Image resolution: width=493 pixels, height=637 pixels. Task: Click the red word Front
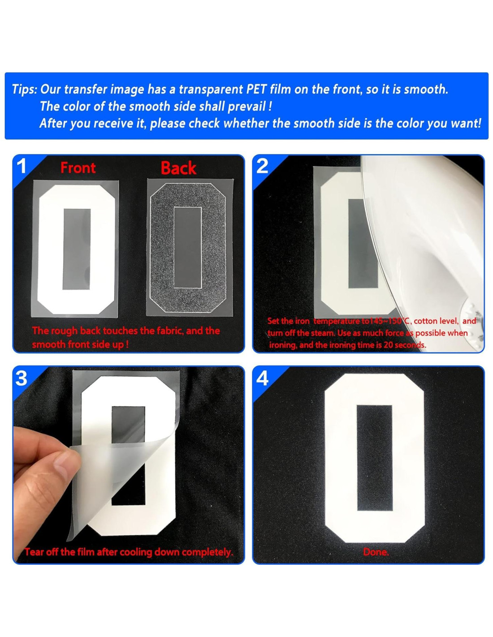pyautogui.click(x=78, y=168)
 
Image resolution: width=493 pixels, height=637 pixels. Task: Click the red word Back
pyautogui.click(x=178, y=168)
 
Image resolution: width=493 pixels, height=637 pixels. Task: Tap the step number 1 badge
pyautogui.click(x=21, y=167)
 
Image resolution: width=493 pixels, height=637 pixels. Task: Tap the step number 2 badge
pyautogui.click(x=262, y=166)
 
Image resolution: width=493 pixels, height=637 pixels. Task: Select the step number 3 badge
pyautogui.click(x=21, y=378)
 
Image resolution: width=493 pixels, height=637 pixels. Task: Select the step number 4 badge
pyautogui.click(x=262, y=378)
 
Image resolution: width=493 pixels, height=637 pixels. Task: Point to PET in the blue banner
pyautogui.click(x=256, y=89)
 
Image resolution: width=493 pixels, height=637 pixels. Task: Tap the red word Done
pyautogui.click(x=376, y=552)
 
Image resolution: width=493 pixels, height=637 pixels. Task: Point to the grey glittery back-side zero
pyautogui.click(x=188, y=248)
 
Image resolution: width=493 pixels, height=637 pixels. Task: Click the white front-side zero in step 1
pyautogui.click(x=76, y=249)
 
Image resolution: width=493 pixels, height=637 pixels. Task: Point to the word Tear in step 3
pyautogui.click(x=35, y=552)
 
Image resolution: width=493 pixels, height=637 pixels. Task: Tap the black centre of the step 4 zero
pyautogui.click(x=374, y=458)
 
